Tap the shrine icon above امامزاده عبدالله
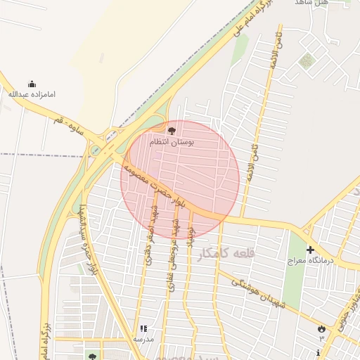(31, 83)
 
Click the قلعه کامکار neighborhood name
(225, 254)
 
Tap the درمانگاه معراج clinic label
(310, 261)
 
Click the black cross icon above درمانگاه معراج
(310, 250)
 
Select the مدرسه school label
(143, 339)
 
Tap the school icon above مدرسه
(143, 328)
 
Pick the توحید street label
(189, 240)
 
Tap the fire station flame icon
(321, 328)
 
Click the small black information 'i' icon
(321, 352)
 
